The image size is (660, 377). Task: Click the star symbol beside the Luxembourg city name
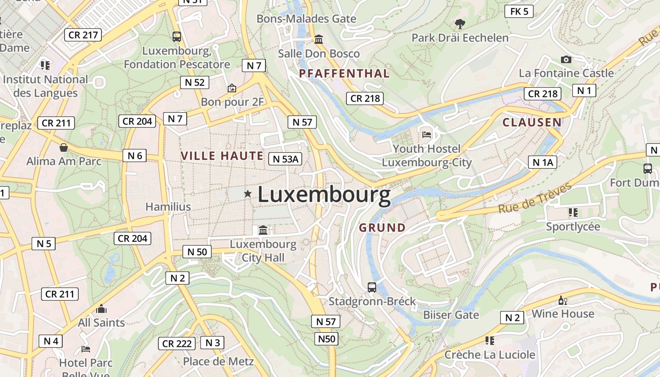click(247, 194)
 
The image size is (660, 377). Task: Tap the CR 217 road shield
click(83, 34)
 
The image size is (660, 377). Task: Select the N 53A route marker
click(285, 159)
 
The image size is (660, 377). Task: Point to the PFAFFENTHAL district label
click(344, 74)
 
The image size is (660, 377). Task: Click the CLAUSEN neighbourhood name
click(532, 123)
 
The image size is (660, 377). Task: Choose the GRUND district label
click(382, 228)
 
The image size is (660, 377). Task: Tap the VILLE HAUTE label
click(222, 156)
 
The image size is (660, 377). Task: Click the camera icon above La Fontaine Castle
click(566, 59)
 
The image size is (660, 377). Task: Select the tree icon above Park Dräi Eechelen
click(460, 24)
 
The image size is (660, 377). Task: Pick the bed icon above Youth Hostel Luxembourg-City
click(427, 135)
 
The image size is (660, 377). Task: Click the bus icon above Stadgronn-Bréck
click(372, 287)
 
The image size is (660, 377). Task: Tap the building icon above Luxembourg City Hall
click(263, 230)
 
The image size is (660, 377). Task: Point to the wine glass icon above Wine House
click(563, 300)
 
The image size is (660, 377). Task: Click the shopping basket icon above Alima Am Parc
click(64, 148)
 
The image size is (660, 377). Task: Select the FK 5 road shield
click(519, 11)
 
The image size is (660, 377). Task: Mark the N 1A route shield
click(543, 163)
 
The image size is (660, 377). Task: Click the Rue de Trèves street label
click(535, 198)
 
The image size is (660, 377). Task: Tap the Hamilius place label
click(168, 207)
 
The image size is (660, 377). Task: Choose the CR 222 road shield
click(177, 344)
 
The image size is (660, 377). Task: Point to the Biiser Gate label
click(451, 315)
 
